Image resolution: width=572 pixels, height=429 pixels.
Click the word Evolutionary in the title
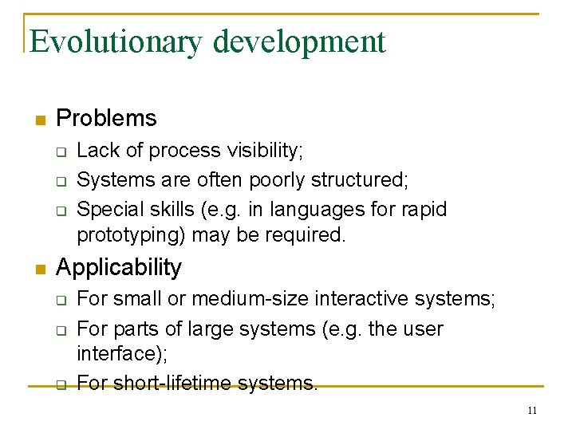[116, 41]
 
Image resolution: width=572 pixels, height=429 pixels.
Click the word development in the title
[299, 41]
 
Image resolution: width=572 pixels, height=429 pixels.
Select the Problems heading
[106, 119]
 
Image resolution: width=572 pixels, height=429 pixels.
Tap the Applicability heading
[119, 268]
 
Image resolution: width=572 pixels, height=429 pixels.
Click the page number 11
[532, 411]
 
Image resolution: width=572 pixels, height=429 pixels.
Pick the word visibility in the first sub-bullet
[266, 151]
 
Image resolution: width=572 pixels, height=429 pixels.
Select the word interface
[112, 352]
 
